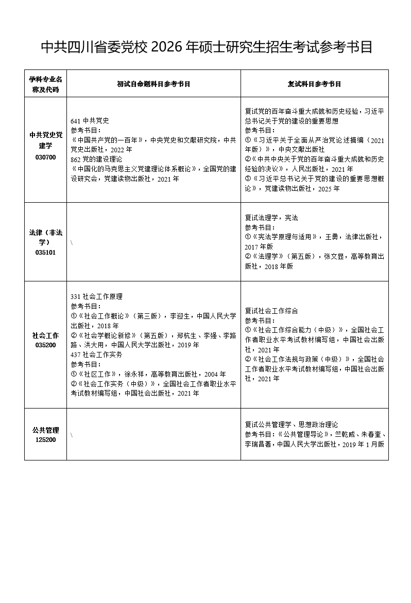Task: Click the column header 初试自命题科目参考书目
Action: [x=153, y=84]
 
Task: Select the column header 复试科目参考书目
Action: [x=314, y=84]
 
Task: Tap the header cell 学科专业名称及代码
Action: [x=45, y=84]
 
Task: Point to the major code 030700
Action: [x=45, y=157]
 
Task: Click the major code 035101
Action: [x=45, y=253]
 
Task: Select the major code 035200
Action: [x=45, y=345]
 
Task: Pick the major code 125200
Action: [x=45, y=440]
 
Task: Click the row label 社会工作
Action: [x=45, y=335]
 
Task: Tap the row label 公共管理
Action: [x=45, y=430]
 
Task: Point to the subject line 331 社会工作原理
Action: [x=96, y=297]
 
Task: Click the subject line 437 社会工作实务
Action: [x=96, y=355]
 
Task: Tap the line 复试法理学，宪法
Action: [x=271, y=218]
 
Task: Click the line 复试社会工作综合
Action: [x=271, y=311]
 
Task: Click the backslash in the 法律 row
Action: [x=72, y=242]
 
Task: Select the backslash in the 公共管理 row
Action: [x=72, y=435]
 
